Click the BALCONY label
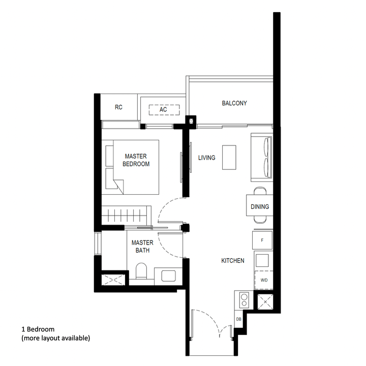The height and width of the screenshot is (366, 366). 234,103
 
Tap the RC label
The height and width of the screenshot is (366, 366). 118,107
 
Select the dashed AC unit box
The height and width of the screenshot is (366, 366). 163,110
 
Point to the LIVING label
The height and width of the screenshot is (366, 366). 206,158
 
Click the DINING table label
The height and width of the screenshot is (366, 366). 260,207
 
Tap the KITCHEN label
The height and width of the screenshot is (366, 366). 232,261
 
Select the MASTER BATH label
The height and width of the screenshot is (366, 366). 142,247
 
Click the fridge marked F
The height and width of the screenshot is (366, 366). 263,240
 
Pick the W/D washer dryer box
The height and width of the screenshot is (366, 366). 263,280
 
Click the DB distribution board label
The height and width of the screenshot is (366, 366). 238,319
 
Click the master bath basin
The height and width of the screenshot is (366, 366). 168,275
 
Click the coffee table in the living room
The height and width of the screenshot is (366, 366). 229,158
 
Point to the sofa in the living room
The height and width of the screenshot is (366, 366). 263,157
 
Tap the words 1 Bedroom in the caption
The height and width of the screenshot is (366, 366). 38,329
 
